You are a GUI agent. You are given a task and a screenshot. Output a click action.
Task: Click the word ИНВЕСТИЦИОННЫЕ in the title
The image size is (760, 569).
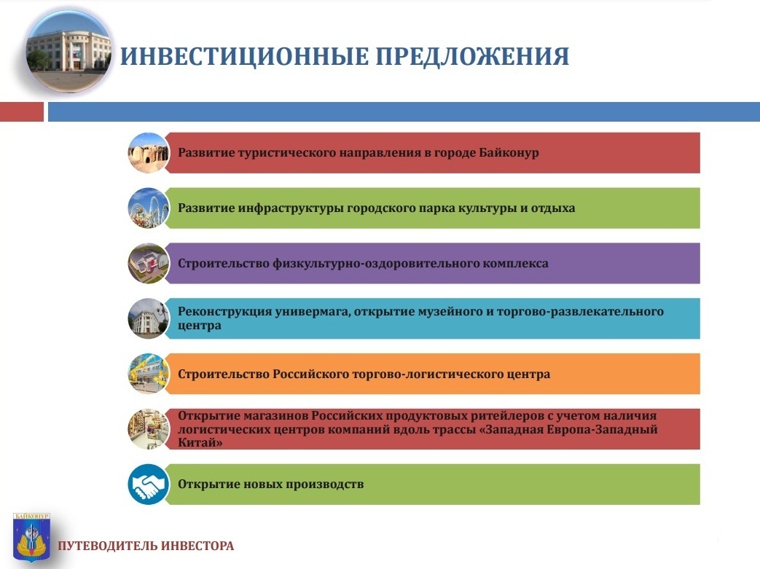point(244,56)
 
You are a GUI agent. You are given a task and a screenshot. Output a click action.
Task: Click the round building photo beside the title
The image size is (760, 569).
point(68,52)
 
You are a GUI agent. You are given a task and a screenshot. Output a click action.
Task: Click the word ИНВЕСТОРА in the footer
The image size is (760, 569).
point(197,546)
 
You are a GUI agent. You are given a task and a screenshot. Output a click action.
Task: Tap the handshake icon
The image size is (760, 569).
point(149,484)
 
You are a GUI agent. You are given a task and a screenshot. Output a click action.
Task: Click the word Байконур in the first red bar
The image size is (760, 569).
point(509,153)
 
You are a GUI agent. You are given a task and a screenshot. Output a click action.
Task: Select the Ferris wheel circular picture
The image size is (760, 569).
point(149,208)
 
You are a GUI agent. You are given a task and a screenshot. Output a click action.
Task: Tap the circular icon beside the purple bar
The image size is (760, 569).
point(149,263)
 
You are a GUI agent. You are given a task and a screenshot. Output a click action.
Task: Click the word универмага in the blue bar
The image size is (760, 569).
point(312,312)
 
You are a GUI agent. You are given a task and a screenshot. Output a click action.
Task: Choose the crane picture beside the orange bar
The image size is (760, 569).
point(149,374)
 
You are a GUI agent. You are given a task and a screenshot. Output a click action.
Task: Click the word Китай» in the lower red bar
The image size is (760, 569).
point(200,442)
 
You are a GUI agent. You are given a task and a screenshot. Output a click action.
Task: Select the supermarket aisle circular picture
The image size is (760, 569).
point(149,429)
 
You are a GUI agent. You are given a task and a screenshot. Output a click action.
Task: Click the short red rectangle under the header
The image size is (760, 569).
point(22,111)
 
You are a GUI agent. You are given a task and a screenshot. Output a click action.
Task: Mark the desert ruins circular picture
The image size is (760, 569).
point(149,153)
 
